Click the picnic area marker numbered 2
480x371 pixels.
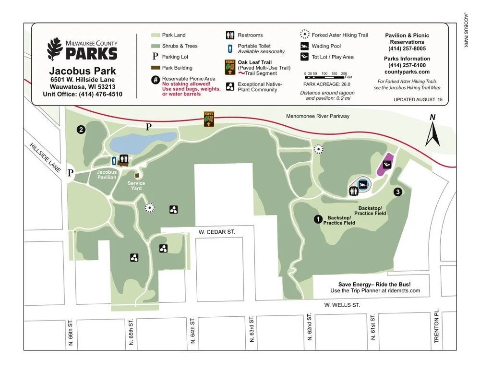pyautogui.click(x=82, y=129)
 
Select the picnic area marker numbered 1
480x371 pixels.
pyautogui.click(x=317, y=219)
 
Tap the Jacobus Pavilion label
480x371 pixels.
pyautogui.click(x=107, y=174)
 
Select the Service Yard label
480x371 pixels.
pyautogui.click(x=136, y=186)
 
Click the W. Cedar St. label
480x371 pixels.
pyautogui.click(x=217, y=232)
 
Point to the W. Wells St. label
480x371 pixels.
pyautogui.click(x=342, y=305)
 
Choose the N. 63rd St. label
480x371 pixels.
pyautogui.click(x=251, y=329)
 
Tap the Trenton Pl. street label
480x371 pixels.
pyautogui.click(x=437, y=326)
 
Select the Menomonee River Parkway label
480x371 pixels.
pyautogui.click(x=318, y=116)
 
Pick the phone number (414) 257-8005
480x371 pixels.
pyautogui.click(x=407, y=48)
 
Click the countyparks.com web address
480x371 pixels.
pyautogui.click(x=407, y=72)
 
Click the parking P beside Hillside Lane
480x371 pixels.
pyautogui.click(x=71, y=173)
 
